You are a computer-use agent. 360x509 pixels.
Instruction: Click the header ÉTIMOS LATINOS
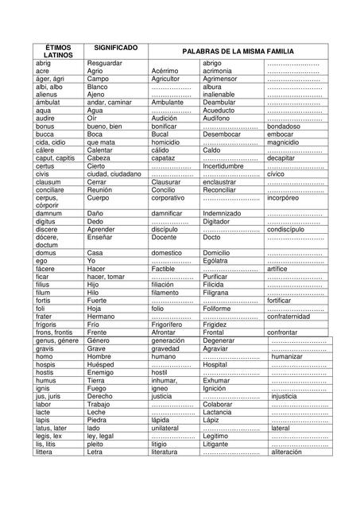(x=56, y=52)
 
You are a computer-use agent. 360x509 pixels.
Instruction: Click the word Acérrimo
(x=165, y=71)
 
